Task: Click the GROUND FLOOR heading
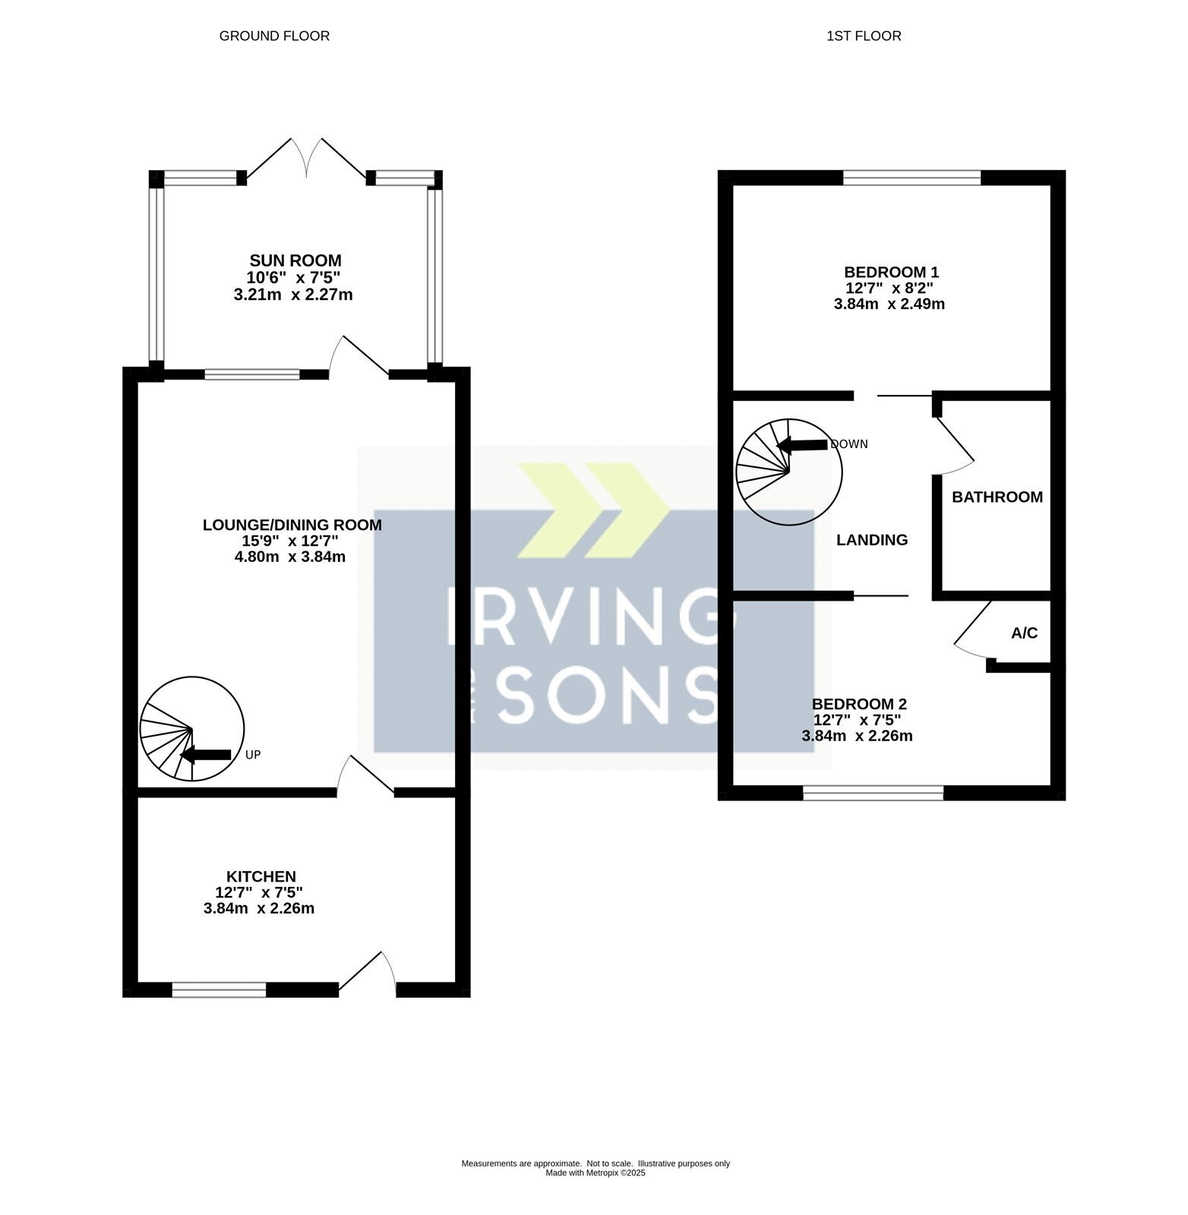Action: (x=274, y=36)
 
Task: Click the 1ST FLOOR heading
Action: (x=864, y=36)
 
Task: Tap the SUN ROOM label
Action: (x=295, y=261)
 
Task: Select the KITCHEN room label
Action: (x=261, y=876)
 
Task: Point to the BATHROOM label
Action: (x=997, y=497)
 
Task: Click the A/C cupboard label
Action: (x=1024, y=633)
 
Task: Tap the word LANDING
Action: (x=872, y=540)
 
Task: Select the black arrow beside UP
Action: (x=205, y=754)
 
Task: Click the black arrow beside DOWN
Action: (x=803, y=445)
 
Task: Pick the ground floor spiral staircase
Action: (x=192, y=729)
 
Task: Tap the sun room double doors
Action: (x=307, y=159)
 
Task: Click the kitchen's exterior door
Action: (x=368, y=972)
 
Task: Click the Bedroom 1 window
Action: (x=912, y=178)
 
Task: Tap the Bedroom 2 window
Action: (x=874, y=794)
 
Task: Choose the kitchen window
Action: (x=220, y=989)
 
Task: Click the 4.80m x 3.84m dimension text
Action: (x=290, y=557)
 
